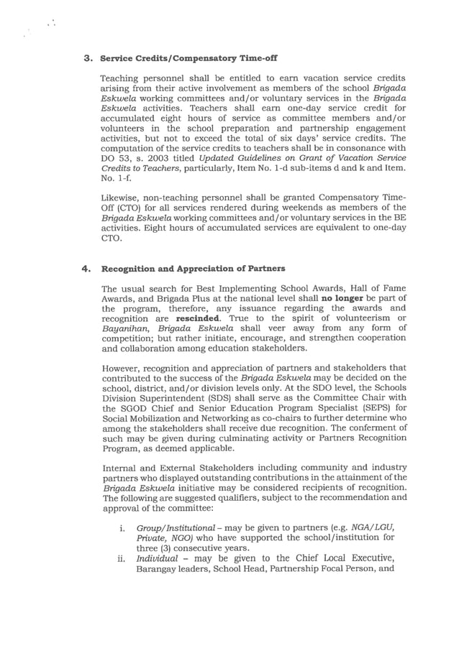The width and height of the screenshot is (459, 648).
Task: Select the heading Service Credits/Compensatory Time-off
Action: point(188,57)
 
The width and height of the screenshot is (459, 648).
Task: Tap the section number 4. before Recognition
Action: point(88,269)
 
